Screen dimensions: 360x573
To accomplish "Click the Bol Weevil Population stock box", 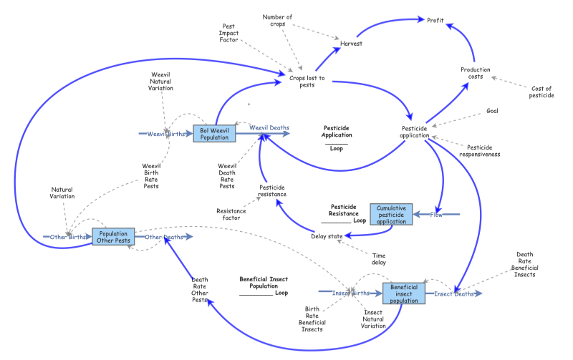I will (213, 133).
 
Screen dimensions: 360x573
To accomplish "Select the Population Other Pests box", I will (113, 237).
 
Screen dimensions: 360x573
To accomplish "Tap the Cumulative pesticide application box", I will (392, 214).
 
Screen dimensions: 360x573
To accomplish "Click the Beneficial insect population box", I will (404, 293).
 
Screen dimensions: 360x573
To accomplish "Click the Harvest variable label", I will (351, 44).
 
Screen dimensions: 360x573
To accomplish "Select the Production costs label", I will (476, 73).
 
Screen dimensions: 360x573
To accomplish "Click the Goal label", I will (492, 111).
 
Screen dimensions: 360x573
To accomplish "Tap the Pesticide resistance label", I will (272, 190).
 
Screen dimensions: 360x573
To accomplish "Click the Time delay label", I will (379, 258).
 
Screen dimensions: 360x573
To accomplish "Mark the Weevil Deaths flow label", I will (269, 128).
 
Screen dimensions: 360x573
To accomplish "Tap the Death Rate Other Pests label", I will (199, 289).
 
